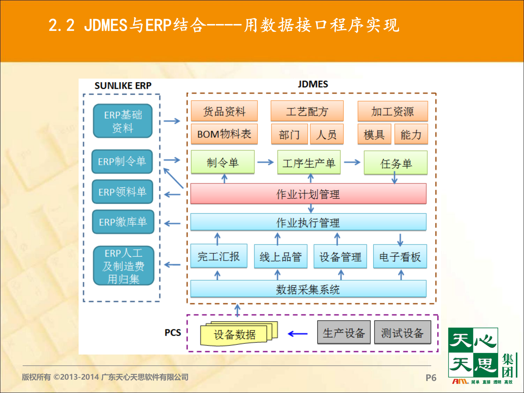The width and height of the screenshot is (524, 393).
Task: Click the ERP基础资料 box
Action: pos(123,121)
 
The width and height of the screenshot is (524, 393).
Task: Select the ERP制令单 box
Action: pos(122,162)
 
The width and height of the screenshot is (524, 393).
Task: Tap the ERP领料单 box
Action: pos(122,192)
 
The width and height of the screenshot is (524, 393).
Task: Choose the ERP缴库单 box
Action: pos(123,222)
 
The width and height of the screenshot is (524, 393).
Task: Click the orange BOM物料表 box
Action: pos(224,134)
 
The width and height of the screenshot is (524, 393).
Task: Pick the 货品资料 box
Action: pos(224,111)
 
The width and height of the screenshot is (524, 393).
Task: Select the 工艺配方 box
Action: pos(307,111)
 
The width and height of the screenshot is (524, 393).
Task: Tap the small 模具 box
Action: pos(374,134)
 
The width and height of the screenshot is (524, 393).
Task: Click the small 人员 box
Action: pos(326,134)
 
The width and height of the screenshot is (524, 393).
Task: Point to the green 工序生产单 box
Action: pos(309,163)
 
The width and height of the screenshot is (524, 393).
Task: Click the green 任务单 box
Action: pos(395,163)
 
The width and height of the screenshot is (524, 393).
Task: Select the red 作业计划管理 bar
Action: pos(308,194)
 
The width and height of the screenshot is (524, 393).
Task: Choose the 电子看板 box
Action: pos(400,257)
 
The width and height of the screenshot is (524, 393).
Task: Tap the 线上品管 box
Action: pos(281,257)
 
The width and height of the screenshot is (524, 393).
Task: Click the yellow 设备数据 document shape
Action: pos(235,335)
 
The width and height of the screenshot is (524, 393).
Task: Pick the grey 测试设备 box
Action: pos(402,333)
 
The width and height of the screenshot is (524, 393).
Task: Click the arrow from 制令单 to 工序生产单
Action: pos(265,162)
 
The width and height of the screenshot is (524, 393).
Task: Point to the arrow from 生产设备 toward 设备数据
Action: pos(297,334)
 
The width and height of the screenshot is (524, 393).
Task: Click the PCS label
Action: pos(173,333)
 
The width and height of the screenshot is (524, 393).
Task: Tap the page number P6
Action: pos(431,378)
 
